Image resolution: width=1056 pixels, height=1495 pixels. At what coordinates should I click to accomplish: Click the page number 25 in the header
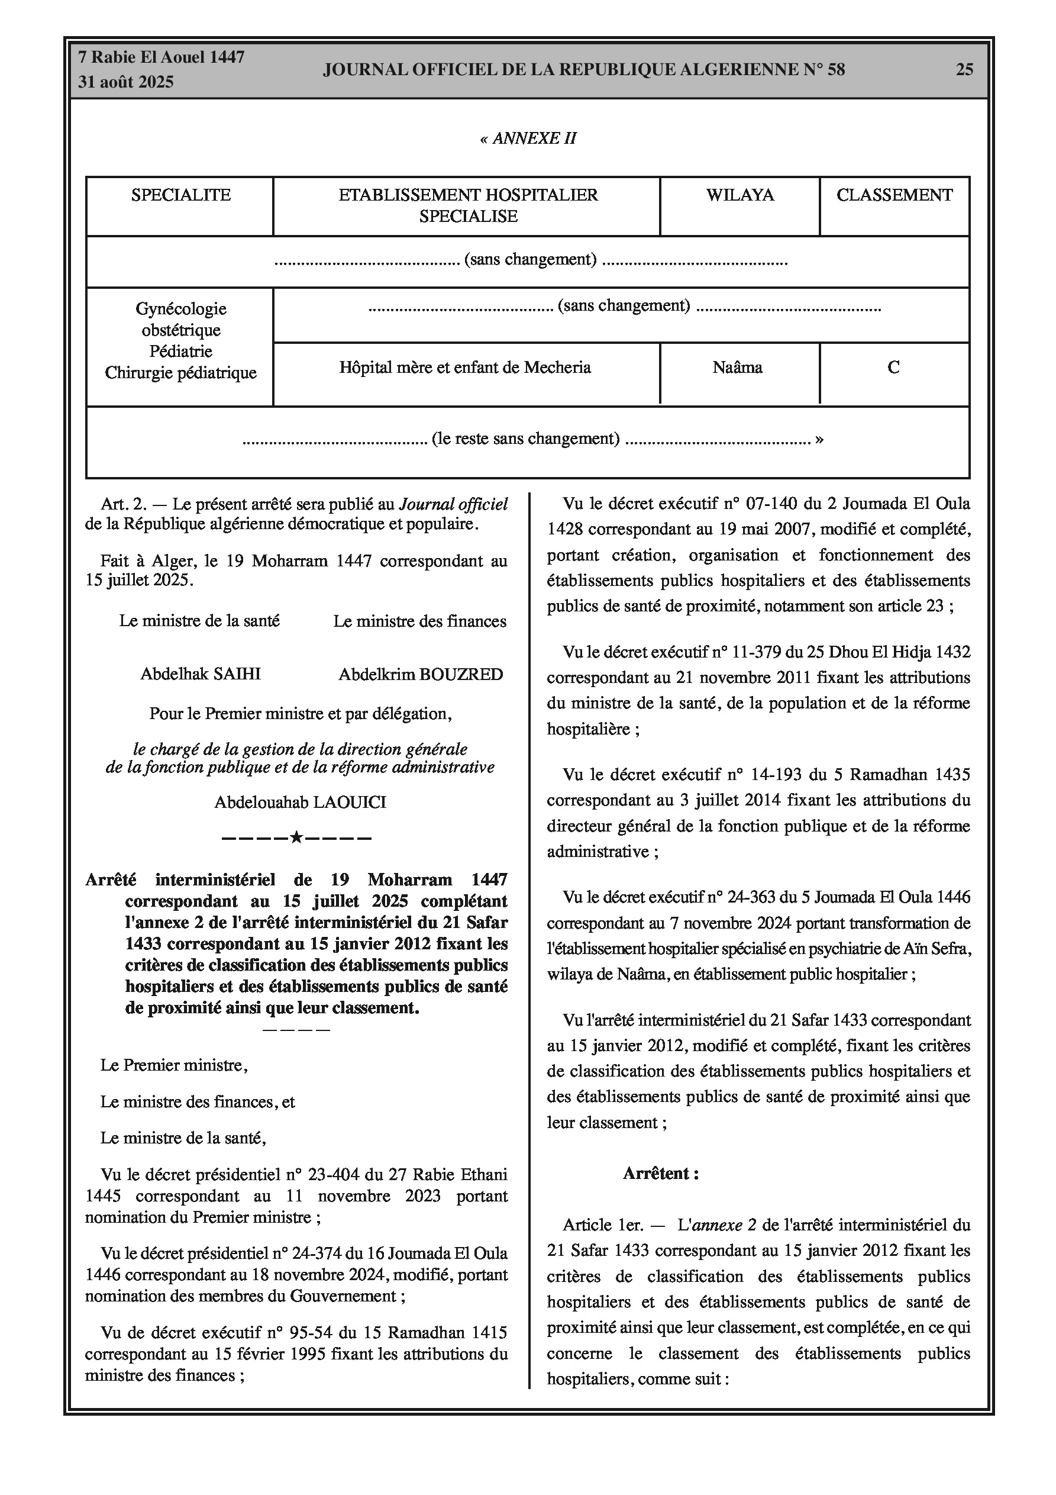964,70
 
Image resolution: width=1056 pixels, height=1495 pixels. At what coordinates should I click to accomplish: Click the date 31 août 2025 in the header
125,82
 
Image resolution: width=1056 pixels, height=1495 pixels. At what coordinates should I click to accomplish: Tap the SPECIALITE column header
180,195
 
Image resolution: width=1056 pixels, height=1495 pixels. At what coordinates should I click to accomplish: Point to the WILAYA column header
739,195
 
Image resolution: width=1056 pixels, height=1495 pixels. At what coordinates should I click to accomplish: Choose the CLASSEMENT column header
894,195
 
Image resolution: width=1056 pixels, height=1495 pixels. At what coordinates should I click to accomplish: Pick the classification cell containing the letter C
893,368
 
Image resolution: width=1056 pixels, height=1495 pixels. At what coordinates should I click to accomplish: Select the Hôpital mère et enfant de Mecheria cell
465,368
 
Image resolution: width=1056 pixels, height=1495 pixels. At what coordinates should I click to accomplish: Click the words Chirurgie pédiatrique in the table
180,373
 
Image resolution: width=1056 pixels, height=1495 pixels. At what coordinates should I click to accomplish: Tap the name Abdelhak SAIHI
201,674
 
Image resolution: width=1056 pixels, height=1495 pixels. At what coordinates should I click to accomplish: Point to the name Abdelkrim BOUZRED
421,675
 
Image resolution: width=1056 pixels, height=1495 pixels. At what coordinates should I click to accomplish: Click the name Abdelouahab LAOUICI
300,802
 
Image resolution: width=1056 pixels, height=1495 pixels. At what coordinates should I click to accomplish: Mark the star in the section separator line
296,837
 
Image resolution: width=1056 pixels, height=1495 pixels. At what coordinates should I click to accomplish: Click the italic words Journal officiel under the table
453,504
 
